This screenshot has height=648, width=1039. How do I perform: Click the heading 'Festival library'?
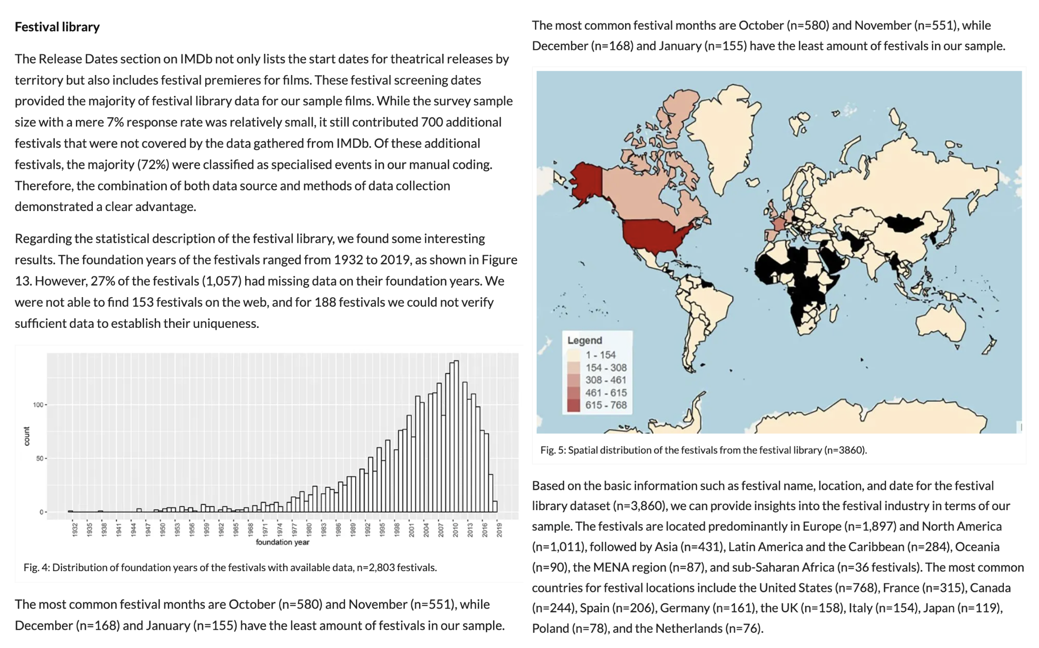57,27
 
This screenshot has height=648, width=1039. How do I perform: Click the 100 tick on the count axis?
38,405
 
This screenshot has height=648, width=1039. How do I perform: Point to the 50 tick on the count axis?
40,459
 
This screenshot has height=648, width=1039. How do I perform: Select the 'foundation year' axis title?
283,542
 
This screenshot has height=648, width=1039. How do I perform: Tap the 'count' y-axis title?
26,436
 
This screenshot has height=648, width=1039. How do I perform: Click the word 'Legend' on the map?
584,340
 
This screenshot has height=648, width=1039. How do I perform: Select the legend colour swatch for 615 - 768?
573,405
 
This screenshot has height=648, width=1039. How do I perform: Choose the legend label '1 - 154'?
600,355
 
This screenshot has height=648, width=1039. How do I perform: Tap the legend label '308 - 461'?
606,380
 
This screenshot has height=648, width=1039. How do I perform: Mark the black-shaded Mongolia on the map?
903,224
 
